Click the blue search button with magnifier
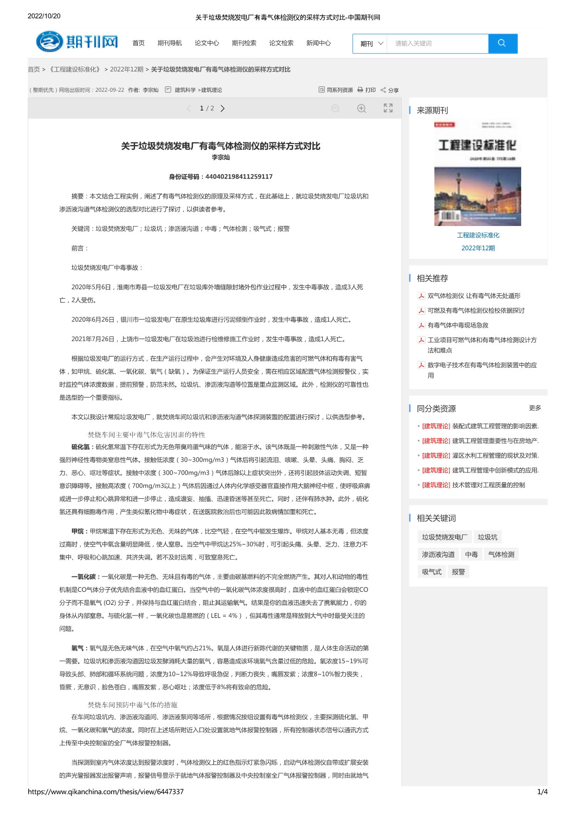502,44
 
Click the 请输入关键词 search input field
437,44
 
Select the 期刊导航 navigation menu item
169,43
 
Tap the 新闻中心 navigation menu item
318,43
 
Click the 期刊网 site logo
77,42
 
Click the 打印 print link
367,90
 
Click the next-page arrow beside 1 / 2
223,109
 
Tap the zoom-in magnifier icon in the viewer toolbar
362,109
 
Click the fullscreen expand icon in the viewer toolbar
388,108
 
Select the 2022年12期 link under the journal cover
478,248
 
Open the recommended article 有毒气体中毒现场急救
458,325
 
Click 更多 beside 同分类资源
535,408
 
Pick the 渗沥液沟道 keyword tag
438,555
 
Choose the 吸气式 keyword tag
432,572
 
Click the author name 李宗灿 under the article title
221,157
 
